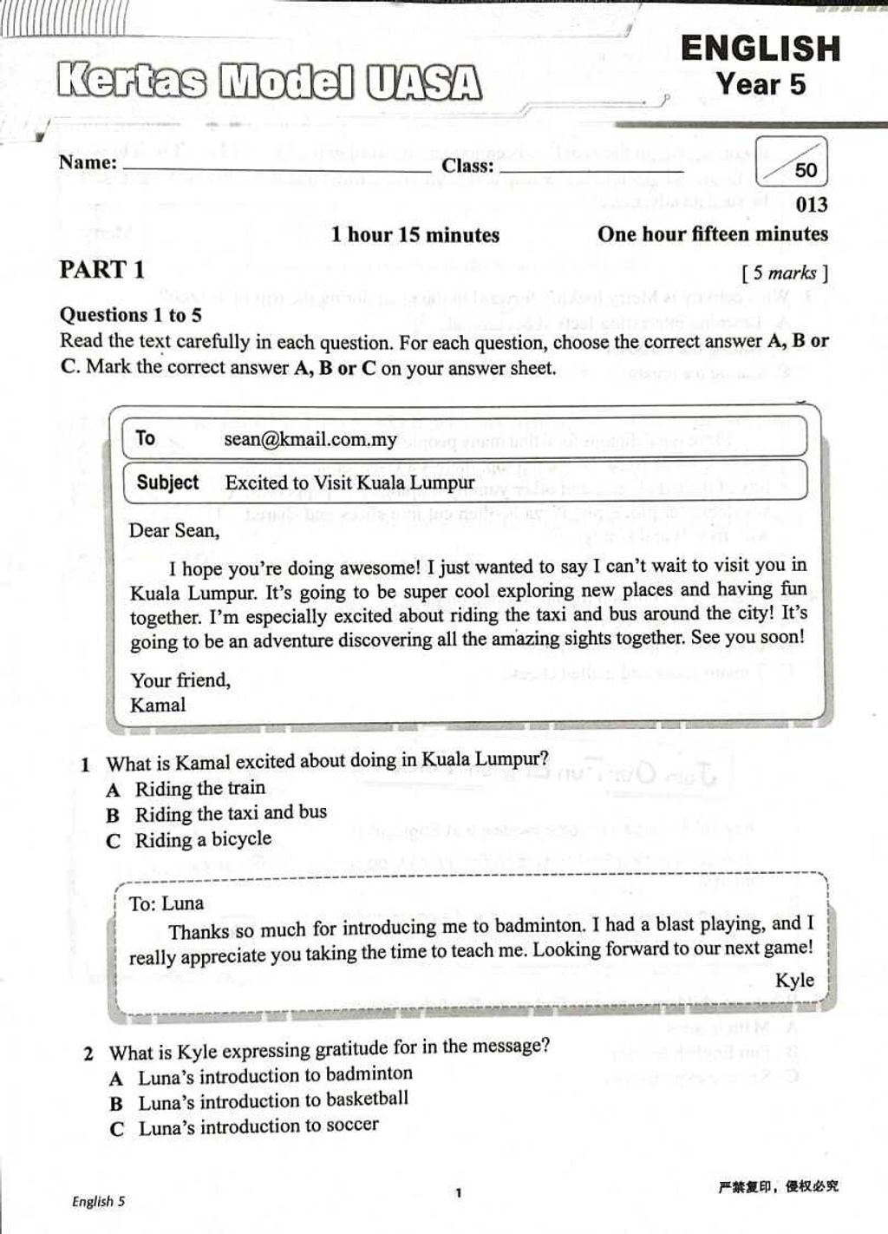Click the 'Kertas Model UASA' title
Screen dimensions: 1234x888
(269, 83)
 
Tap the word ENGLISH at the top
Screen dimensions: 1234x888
(761, 49)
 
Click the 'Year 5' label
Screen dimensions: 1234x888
(761, 85)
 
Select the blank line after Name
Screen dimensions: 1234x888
(277, 167)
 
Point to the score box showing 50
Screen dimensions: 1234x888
(792, 163)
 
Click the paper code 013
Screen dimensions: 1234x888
(812, 205)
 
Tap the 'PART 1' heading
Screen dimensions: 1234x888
(101, 270)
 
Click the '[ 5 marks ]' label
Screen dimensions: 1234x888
(785, 273)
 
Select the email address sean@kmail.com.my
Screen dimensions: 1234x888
(310, 439)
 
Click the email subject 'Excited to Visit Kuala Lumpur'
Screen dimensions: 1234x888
(349, 482)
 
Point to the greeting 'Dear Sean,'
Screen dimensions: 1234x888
(174, 530)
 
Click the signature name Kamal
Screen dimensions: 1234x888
(158, 705)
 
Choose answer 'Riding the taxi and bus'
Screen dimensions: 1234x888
(231, 813)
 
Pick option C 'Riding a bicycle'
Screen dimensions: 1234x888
(203, 839)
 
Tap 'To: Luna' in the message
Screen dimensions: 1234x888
(166, 903)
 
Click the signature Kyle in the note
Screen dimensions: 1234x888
(794, 980)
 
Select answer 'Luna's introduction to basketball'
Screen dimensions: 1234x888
(273, 1100)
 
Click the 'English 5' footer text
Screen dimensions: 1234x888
(98, 1201)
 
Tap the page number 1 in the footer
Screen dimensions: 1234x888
(459, 1193)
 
